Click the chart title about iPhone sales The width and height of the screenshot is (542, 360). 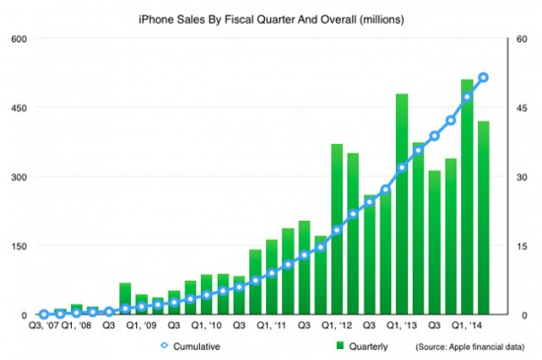(272, 17)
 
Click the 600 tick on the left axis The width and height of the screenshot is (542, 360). (21, 38)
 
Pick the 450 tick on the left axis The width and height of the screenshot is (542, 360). (21, 108)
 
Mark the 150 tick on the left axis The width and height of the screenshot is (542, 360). (21, 246)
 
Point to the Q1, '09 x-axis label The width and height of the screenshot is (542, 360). (140, 325)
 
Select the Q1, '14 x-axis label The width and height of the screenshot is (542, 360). (467, 325)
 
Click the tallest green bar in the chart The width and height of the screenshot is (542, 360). (466, 197)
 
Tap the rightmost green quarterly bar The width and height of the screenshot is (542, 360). (483, 217)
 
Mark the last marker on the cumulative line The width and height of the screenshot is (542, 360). (483, 77)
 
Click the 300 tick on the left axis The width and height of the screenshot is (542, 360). (21, 177)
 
